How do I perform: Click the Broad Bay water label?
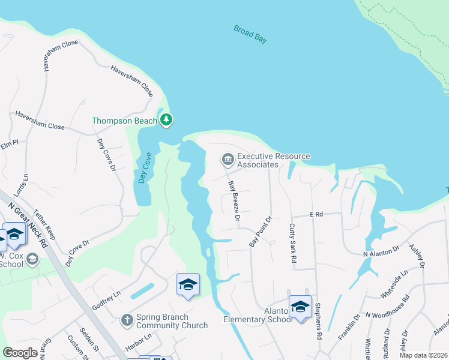(250, 34)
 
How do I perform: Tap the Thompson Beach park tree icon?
(166, 120)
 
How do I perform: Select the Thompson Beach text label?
(124, 121)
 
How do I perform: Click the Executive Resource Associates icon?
(228, 159)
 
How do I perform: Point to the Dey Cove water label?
(143, 168)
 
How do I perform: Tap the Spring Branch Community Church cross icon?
(127, 320)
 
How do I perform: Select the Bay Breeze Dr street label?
(234, 201)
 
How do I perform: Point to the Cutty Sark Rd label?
(292, 244)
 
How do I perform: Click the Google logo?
(20, 353)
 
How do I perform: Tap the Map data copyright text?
(423, 355)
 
